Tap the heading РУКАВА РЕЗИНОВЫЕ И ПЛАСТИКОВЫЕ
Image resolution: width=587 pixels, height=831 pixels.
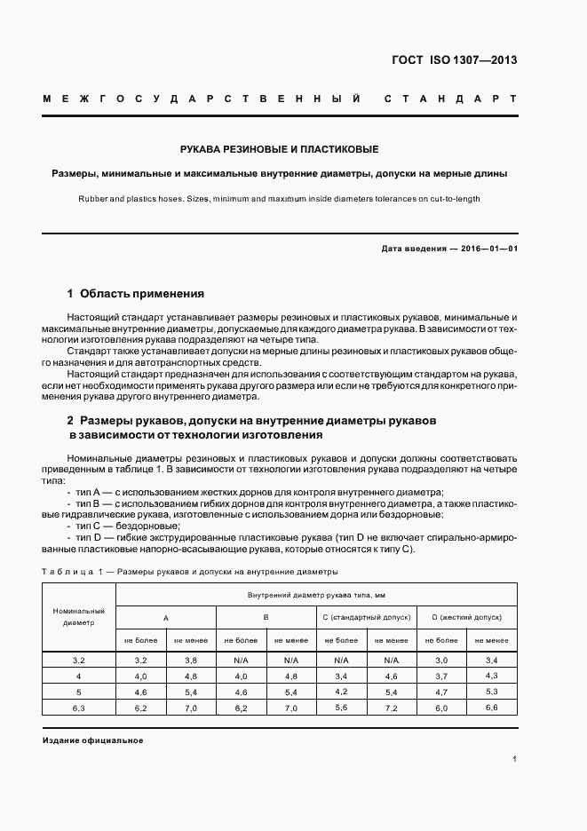point(280,149)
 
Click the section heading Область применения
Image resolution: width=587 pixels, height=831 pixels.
point(142,293)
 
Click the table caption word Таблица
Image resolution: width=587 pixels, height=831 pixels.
point(64,572)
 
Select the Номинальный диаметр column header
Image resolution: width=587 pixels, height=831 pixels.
point(79,617)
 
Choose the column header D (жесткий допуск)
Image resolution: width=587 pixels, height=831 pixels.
point(466,616)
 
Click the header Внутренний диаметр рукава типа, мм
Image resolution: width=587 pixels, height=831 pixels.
point(316,594)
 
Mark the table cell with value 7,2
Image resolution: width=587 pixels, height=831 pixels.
point(391,707)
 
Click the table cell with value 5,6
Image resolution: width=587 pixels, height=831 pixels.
point(341,707)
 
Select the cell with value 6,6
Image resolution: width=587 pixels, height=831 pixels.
point(491,707)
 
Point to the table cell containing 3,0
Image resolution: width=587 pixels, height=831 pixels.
point(441,661)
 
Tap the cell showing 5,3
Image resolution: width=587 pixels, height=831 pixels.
point(491,691)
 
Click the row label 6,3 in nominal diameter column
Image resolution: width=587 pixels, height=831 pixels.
point(79,707)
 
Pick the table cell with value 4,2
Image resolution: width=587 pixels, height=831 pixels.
point(341,691)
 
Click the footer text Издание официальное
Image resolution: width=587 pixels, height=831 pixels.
point(91,740)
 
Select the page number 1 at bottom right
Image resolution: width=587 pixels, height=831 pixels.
point(514,760)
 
